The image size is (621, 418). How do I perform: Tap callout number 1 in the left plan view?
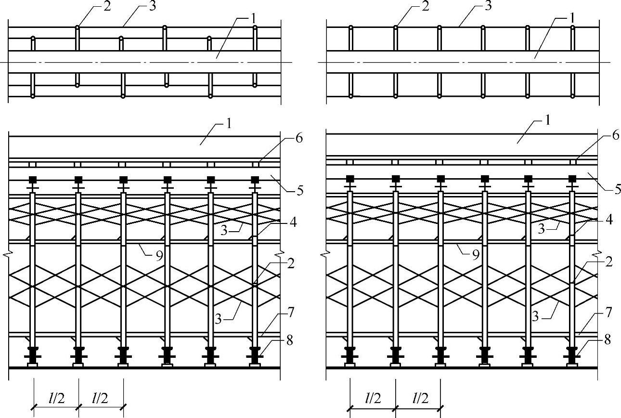click(254, 19)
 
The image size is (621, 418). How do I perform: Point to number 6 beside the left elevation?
click(299, 139)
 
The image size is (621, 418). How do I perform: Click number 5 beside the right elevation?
click(617, 190)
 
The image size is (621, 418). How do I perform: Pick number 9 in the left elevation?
click(159, 255)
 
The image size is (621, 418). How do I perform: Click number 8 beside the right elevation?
click(608, 340)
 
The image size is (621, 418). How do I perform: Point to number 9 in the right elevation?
click(476, 255)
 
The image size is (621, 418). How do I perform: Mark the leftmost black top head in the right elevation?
click(350, 179)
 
